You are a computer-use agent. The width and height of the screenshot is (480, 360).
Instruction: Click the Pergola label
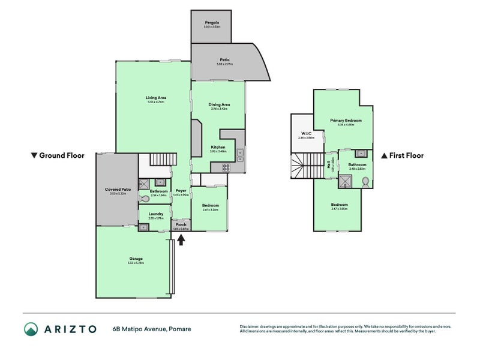tap(211, 22)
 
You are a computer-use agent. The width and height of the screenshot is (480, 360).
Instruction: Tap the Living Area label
tap(155, 98)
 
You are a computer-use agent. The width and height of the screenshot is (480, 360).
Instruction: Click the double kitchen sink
tap(239, 155)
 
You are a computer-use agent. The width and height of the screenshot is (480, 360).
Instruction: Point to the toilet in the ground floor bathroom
tap(145, 198)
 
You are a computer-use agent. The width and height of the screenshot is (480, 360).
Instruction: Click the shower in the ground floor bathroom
tap(144, 184)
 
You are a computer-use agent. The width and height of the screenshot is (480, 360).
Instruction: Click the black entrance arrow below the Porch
tap(181, 240)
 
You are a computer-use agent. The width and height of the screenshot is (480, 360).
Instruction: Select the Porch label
tap(181, 226)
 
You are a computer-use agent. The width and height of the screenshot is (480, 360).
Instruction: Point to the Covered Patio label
tap(118, 190)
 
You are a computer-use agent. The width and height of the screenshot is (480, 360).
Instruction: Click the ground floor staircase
tap(163, 160)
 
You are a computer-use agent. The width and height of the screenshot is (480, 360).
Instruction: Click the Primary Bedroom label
tap(342, 121)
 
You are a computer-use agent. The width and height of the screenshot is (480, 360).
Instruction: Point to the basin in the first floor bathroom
tap(360, 154)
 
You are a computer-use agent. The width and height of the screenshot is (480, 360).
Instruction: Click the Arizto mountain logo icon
tap(31, 329)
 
